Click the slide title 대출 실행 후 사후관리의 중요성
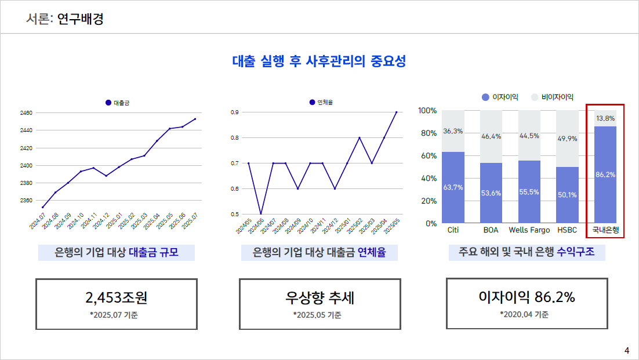pos(319,61)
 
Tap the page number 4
pos(626,350)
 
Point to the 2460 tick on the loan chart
pos(26,112)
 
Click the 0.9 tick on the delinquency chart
pos(235,112)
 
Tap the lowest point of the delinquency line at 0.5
pos(261,214)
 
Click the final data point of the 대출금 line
pos(195,119)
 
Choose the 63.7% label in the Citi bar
pos(453,187)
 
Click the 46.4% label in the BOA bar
pos(491,136)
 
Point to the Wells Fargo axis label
pos(529,230)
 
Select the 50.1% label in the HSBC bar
pos(567,195)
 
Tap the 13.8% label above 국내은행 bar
pos(605,118)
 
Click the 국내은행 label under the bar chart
pos(605,230)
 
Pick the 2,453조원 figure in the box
pos(117,297)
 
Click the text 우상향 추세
pos(319,297)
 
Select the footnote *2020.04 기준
pos(524,315)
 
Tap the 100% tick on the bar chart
pos(427,110)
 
